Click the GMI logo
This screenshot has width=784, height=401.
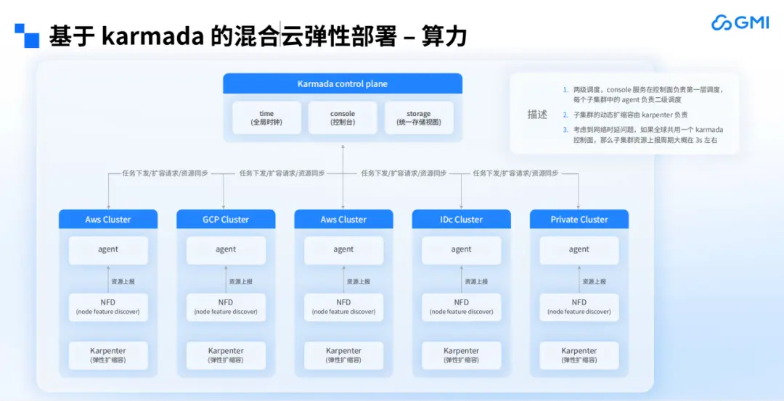(740, 22)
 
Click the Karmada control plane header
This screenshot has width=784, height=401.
(343, 84)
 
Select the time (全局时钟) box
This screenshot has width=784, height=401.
(266, 118)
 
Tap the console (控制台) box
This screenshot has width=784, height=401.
(343, 118)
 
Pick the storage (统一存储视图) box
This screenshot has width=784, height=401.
(419, 118)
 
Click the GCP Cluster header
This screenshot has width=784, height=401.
(226, 219)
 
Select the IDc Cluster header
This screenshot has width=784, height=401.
(462, 219)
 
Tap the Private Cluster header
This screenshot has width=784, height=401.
(579, 219)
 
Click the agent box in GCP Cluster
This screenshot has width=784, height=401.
(226, 250)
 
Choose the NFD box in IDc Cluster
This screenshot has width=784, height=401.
(462, 307)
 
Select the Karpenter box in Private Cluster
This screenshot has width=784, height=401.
(579, 355)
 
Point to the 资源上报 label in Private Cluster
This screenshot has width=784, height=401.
(594, 281)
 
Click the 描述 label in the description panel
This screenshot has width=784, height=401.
(537, 115)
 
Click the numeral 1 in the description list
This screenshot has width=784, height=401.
(565, 90)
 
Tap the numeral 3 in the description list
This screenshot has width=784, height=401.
(565, 130)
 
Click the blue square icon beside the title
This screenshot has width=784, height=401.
(27, 36)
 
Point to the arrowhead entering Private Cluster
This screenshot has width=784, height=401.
(579, 206)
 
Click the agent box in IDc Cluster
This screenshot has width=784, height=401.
(462, 250)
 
